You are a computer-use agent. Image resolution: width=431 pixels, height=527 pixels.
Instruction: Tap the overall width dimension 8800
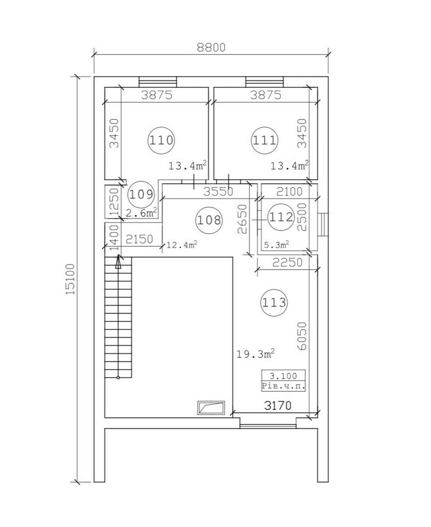tap(211, 47)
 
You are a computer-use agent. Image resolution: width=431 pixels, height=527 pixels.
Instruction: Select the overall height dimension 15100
tap(70, 279)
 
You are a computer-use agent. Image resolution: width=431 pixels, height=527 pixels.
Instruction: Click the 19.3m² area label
tap(256, 354)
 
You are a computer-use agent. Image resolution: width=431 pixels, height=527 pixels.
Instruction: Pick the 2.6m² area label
tap(141, 213)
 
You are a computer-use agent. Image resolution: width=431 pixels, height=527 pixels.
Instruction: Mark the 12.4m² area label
tap(182, 245)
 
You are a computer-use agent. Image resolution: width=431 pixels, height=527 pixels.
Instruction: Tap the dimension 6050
tap(302, 336)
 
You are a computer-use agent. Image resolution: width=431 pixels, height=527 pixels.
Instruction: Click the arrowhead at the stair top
tap(118, 261)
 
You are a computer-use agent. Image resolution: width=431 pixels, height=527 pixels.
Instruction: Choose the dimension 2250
tap(287, 262)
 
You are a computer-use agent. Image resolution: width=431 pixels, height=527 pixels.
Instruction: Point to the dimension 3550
tap(218, 191)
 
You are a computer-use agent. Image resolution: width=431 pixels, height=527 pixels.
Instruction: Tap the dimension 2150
tap(139, 239)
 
